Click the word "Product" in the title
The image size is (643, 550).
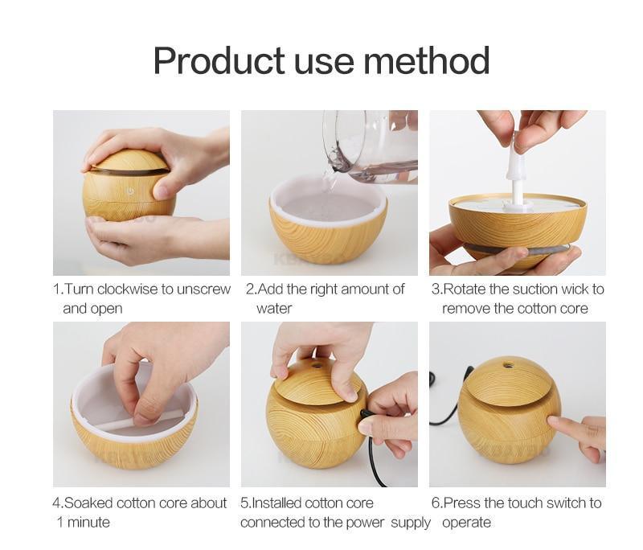pyautogui.click(x=219, y=61)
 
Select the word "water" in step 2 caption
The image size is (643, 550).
pyautogui.click(x=274, y=308)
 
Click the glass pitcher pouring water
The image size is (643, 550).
pyautogui.click(x=370, y=145)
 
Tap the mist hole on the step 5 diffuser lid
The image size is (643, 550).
pyautogui.click(x=313, y=365)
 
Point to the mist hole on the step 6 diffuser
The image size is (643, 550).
pyautogui.click(x=509, y=367)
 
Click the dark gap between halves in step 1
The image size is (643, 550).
pyautogui.click(x=129, y=171)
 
